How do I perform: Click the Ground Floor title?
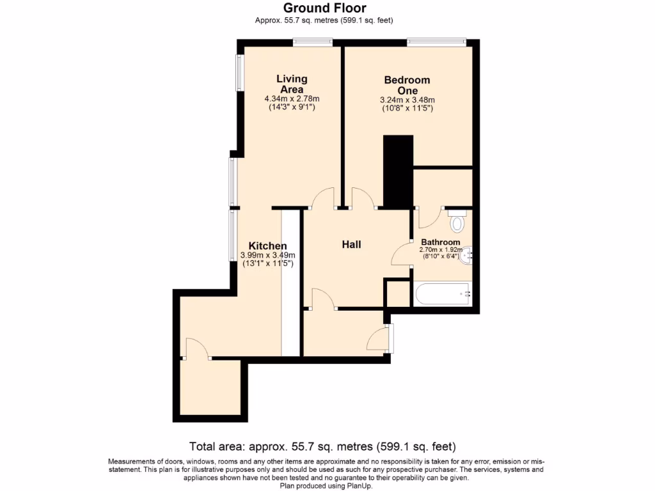tap(324, 8)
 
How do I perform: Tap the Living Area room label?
tap(292, 84)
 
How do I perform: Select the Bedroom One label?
tap(407, 85)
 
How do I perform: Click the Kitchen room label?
tap(267, 246)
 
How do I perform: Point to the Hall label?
tap(351, 244)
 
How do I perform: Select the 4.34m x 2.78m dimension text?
tap(292, 99)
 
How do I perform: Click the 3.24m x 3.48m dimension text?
tap(407, 100)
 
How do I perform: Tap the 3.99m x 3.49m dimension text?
tap(267, 255)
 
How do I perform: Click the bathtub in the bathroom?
tap(443, 294)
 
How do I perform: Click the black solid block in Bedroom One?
tap(398, 171)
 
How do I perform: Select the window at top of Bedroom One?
tap(436, 43)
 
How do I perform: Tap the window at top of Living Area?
tap(312, 43)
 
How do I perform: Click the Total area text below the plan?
tap(323, 446)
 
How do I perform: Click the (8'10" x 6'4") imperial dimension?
tap(439, 256)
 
